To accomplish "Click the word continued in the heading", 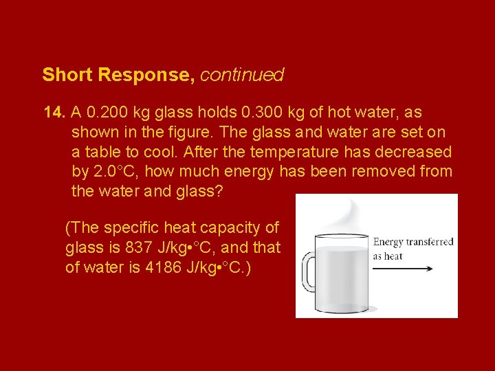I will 243,75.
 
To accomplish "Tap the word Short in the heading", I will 67,75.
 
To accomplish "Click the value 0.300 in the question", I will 255,111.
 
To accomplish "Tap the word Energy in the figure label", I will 388,243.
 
